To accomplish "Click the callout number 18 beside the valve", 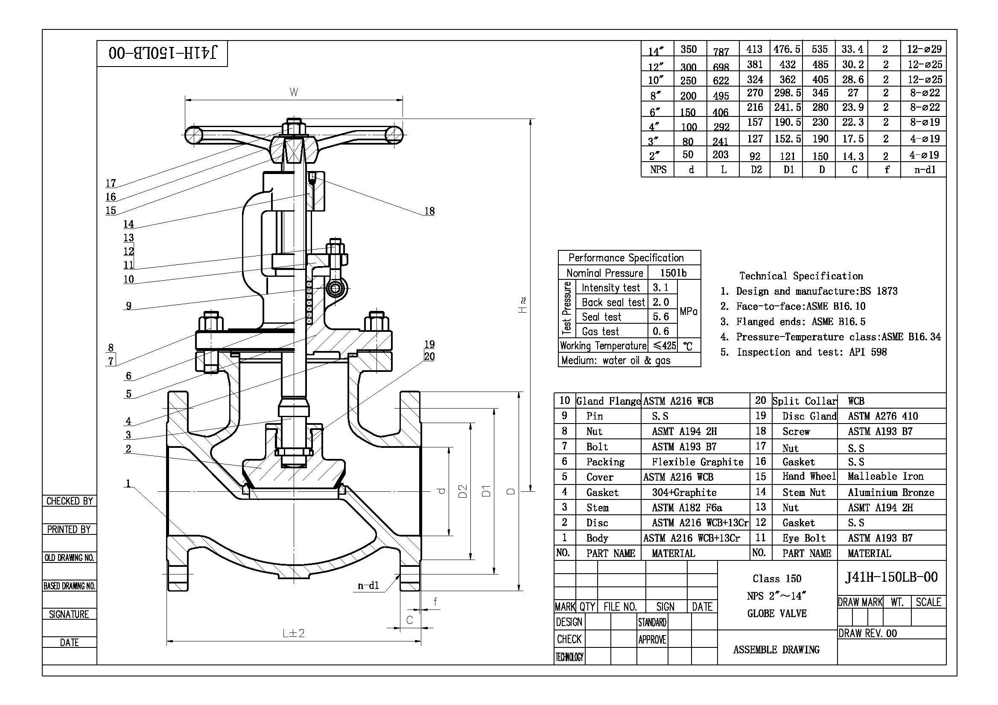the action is coord(429,211).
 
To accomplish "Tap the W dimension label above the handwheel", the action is coord(294,92).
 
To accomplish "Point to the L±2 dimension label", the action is coord(294,633).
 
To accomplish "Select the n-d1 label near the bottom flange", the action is coord(368,586).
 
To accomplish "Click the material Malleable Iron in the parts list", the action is coord(885,476).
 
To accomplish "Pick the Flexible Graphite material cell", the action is coord(697,462).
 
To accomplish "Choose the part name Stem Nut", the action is coord(804,492).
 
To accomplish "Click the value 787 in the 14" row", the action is coord(721,52).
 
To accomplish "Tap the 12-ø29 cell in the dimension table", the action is coord(924,49).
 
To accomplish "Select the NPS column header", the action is coord(658,169).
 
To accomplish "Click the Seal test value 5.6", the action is coord(661,316).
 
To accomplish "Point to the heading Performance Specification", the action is coord(626,258).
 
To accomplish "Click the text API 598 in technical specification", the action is coord(868,352).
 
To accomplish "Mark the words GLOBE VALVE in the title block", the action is coord(777,613).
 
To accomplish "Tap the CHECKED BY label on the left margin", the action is coord(70,501).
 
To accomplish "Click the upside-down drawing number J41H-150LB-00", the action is coord(162,53).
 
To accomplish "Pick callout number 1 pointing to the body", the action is coord(128,483).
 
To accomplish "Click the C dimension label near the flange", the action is coord(409,620).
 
